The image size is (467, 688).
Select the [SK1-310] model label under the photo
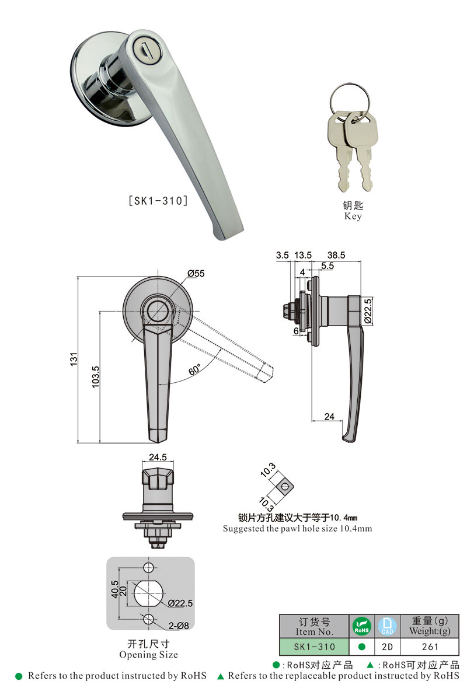click(x=158, y=201)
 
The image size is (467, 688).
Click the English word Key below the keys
click(x=353, y=216)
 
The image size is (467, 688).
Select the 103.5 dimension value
click(x=95, y=376)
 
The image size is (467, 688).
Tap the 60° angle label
click(x=194, y=369)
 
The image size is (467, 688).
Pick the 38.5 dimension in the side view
click(x=337, y=255)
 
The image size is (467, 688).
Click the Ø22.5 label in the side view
click(x=367, y=311)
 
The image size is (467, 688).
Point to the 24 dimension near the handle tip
click(x=329, y=416)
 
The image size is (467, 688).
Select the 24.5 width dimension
click(x=158, y=457)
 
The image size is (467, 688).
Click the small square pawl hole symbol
click(x=284, y=486)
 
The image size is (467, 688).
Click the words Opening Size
click(x=148, y=655)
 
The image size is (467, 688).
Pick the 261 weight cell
click(x=430, y=647)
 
